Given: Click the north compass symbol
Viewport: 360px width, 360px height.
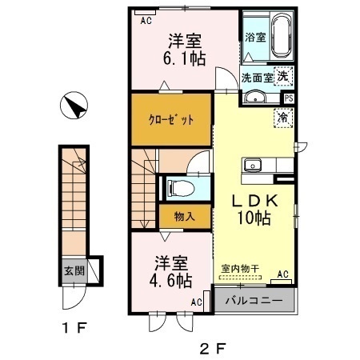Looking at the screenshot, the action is tap(74, 106).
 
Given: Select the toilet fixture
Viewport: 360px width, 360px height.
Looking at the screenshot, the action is tap(180, 188).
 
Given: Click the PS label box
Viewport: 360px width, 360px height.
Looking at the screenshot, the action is tap(289, 98).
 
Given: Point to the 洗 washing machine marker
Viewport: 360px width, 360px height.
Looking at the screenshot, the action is tap(283, 76).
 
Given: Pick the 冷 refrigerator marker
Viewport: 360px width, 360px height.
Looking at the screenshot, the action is tap(283, 118).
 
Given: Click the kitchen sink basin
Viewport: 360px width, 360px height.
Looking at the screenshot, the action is tap(252, 165).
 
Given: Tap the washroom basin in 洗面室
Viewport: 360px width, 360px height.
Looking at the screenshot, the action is tap(255, 98).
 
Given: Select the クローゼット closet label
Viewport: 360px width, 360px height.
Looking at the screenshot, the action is tap(171, 120).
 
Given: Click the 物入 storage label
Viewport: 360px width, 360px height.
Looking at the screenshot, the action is tap(185, 216).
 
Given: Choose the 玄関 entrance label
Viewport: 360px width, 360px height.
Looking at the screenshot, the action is tap(74, 271).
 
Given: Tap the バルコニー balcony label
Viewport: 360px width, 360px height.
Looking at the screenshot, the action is tap(254, 301).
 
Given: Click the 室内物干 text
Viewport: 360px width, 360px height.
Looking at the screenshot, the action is tap(240, 268).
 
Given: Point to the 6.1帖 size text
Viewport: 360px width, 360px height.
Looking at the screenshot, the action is tap(184, 58).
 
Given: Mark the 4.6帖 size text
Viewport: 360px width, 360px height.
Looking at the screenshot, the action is tap(170, 281).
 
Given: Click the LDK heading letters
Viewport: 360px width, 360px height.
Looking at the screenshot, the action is tap(255, 201).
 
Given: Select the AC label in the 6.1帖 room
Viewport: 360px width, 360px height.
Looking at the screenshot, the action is tap(146, 21).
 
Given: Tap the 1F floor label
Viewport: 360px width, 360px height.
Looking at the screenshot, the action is tap(74, 328).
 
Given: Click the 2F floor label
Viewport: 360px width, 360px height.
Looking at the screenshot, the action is tap(213, 348).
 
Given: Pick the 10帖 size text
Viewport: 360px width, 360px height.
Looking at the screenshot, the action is tap(254, 218).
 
